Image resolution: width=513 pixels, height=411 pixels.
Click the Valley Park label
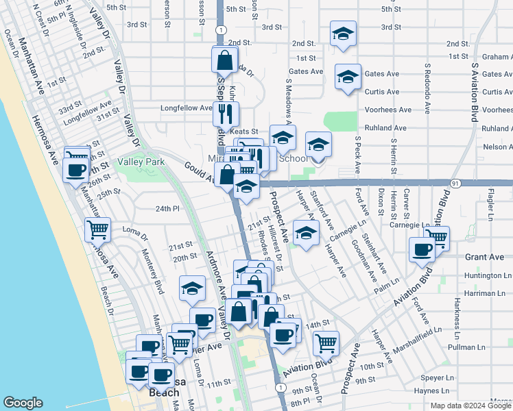click(141, 162)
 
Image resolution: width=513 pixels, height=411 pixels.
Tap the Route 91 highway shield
click(455, 183)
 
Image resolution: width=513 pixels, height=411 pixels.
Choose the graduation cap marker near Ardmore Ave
click(193, 288)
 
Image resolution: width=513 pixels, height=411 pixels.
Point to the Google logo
click(23, 403)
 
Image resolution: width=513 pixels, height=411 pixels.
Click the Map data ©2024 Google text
click(470, 406)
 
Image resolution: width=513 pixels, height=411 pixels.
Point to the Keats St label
click(243, 132)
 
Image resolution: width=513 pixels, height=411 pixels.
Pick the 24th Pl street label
click(167, 208)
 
